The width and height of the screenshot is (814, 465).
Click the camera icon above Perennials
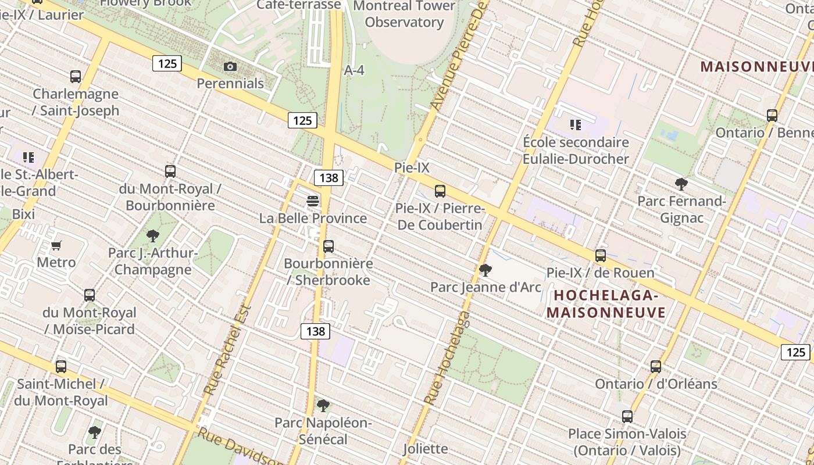230,67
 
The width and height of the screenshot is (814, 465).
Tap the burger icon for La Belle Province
313,201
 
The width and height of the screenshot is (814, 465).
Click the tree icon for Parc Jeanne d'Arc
485,270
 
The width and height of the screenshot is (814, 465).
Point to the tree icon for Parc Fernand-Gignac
681,185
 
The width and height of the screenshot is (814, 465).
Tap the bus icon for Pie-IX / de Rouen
600,256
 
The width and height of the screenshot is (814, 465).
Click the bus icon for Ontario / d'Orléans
656,367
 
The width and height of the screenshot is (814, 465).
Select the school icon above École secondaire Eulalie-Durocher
576,125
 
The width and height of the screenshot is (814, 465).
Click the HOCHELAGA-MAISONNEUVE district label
606,304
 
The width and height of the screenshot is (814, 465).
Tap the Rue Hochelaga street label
447,358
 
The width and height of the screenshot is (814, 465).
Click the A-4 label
354,70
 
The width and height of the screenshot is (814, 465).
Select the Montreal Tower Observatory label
404,14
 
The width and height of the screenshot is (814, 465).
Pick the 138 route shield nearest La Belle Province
329,178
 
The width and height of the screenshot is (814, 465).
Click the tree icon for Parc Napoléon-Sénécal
323,406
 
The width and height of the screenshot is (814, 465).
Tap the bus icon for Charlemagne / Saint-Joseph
76,77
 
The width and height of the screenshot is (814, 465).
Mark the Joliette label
426,449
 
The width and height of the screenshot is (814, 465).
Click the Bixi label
23,214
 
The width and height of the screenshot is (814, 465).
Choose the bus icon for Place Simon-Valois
627,417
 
